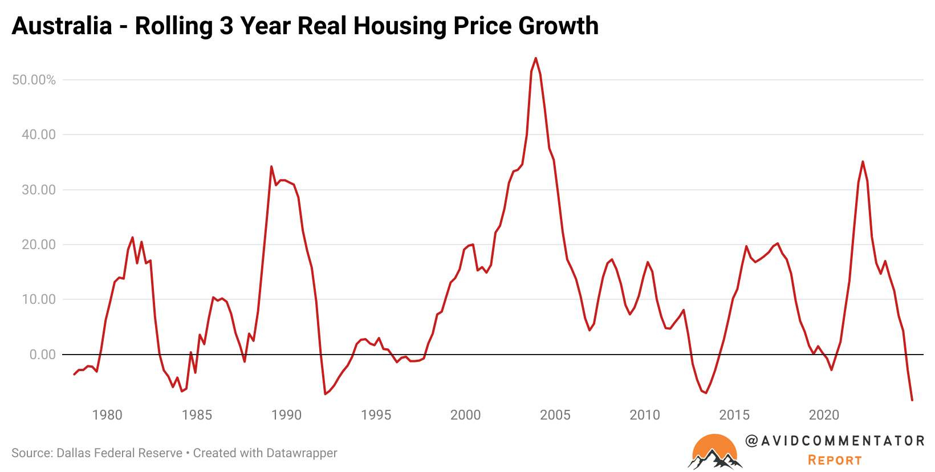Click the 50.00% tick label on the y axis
click(x=34, y=80)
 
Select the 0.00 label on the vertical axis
click(x=42, y=355)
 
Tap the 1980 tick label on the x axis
click(x=107, y=415)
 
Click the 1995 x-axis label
click(x=376, y=415)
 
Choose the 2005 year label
click(x=555, y=415)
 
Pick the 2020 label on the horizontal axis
click(x=824, y=415)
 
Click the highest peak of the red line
click(x=535, y=58)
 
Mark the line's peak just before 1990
click(x=271, y=166)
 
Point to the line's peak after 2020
click(x=863, y=161)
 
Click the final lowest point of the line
click(x=912, y=400)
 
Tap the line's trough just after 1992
click(x=325, y=394)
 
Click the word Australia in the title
click(x=62, y=26)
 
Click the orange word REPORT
click(x=835, y=460)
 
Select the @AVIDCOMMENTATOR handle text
click(x=835, y=441)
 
